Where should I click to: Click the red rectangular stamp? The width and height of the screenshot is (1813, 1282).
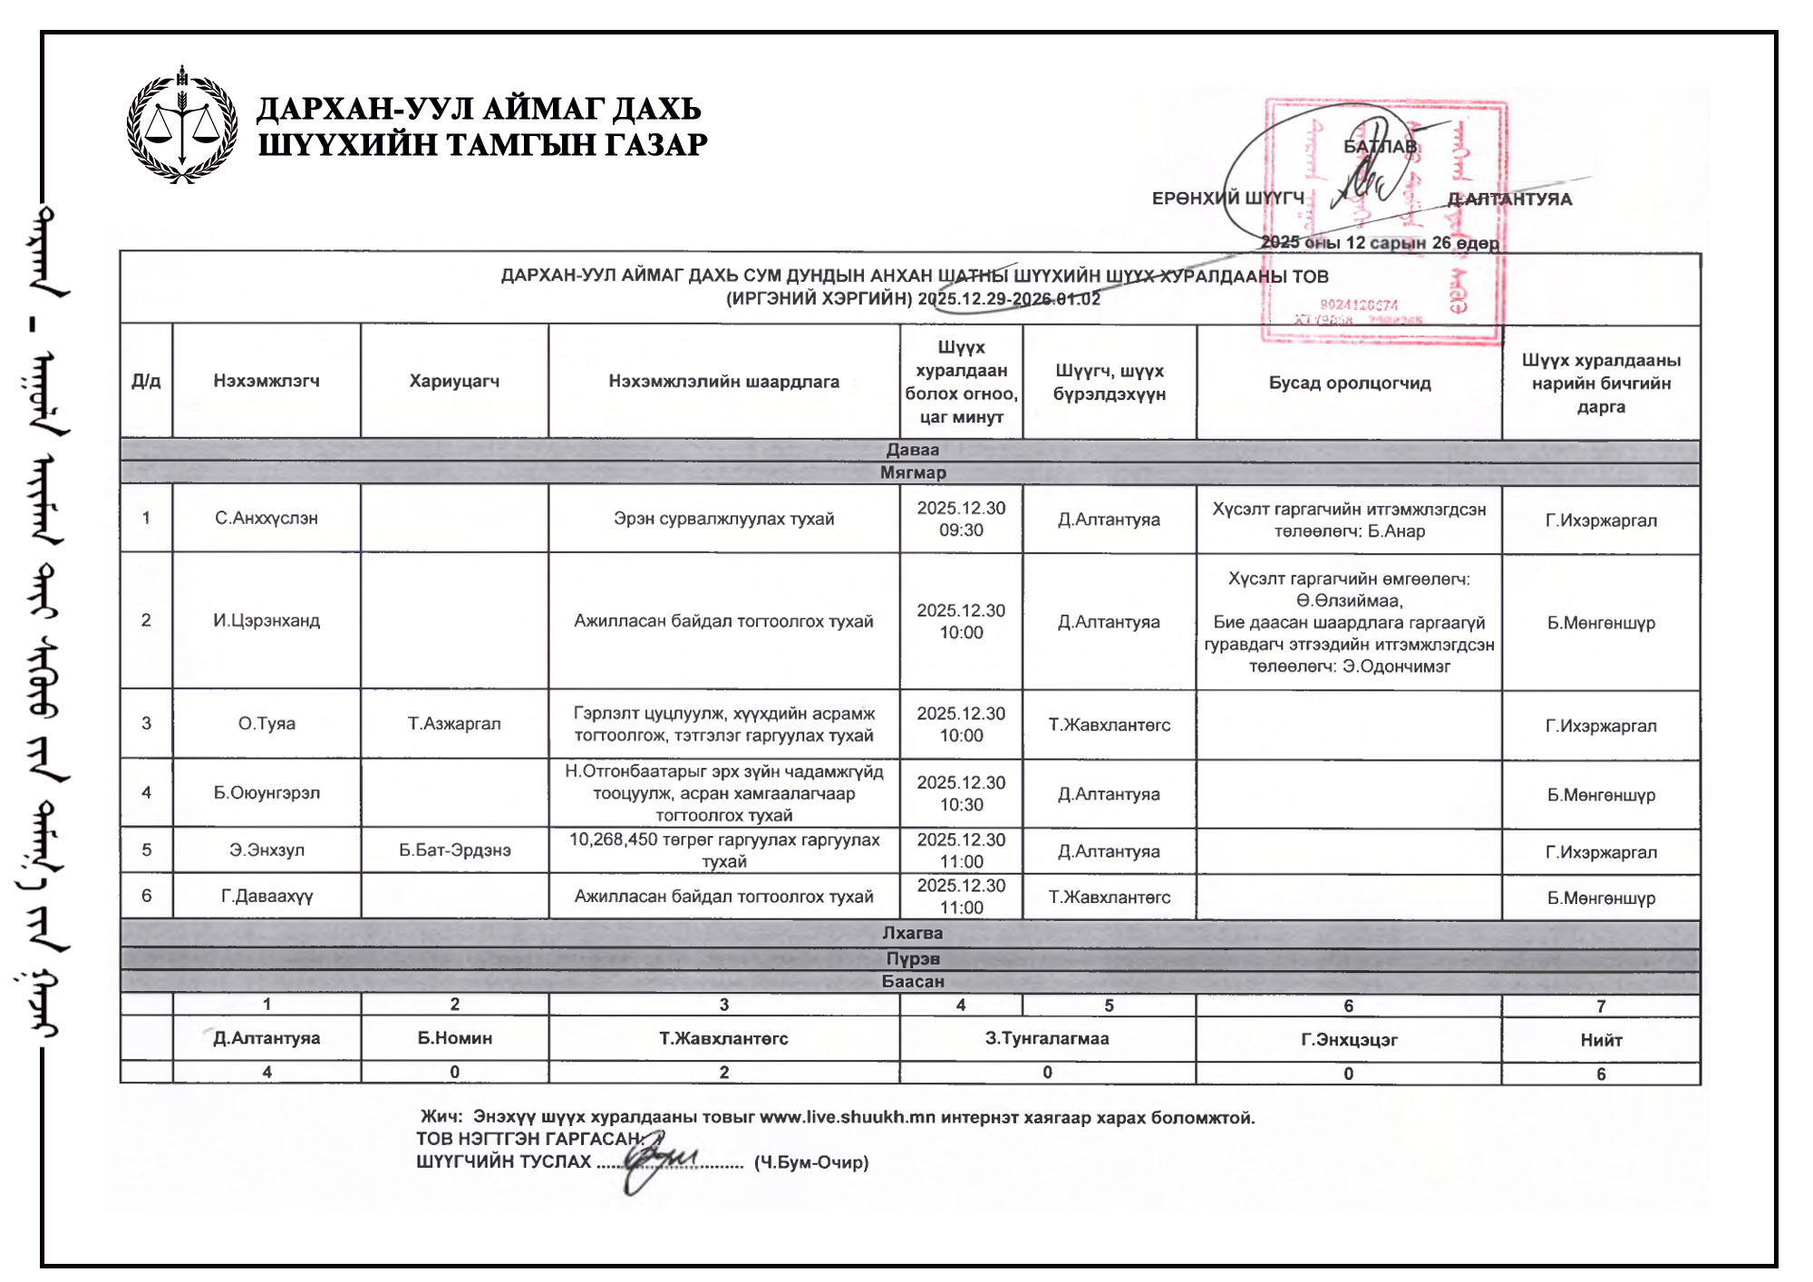point(1383,221)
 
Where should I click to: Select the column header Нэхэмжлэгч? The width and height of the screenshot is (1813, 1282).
point(267,381)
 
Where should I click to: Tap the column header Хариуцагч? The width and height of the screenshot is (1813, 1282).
point(454,381)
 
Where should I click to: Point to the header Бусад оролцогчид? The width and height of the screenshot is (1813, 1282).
point(1349,383)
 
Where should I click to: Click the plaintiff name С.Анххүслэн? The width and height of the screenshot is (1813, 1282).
point(267,519)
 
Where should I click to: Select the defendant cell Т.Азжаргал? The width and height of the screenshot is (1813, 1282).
point(454,724)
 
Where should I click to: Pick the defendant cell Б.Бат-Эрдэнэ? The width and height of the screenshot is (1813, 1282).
point(454,850)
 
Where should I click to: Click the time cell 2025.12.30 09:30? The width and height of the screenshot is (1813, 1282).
point(961,519)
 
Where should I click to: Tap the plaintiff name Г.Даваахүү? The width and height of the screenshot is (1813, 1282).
point(267,896)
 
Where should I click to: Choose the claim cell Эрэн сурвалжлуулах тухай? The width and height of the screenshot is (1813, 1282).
point(723,519)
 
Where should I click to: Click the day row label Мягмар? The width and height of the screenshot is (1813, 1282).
point(913,472)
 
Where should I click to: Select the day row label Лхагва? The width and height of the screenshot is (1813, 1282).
point(913,933)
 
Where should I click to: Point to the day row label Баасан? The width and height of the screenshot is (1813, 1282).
point(913,981)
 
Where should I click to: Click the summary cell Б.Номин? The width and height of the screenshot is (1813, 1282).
point(454,1038)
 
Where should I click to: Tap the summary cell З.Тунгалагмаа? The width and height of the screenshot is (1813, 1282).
point(1047,1038)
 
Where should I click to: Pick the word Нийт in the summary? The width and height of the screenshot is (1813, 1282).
point(1601,1040)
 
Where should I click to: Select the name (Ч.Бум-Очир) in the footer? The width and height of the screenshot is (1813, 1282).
point(811,1162)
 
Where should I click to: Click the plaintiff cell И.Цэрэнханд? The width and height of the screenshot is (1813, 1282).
point(267,621)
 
